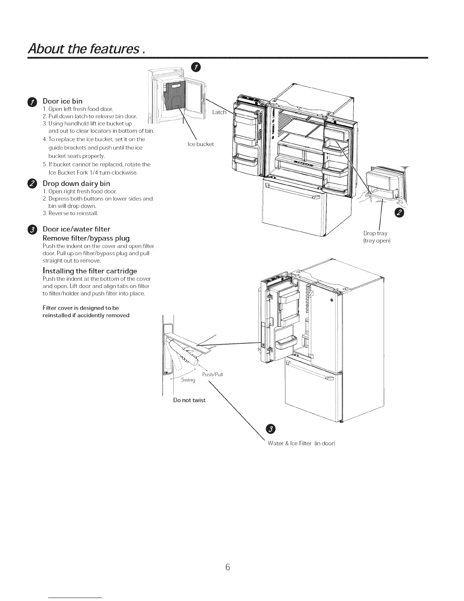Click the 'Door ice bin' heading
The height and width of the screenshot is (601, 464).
click(x=62, y=101)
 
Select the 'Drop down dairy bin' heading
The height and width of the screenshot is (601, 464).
click(x=76, y=184)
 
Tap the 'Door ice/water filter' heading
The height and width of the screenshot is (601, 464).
click(x=76, y=229)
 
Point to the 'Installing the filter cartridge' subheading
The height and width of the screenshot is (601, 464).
click(x=89, y=271)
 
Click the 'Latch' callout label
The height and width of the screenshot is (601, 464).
click(x=219, y=112)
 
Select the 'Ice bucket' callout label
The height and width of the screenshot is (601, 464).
click(x=201, y=144)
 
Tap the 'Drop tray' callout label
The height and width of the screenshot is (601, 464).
click(x=375, y=233)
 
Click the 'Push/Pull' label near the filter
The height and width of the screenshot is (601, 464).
click(x=213, y=374)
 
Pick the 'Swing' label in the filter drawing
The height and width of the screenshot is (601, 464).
click(x=188, y=380)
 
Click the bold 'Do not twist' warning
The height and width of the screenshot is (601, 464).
click(x=189, y=400)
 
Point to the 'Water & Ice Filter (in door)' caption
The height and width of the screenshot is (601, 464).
click(x=301, y=443)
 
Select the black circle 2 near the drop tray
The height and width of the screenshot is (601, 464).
click(x=400, y=214)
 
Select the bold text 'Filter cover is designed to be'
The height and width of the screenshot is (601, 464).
click(x=80, y=308)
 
